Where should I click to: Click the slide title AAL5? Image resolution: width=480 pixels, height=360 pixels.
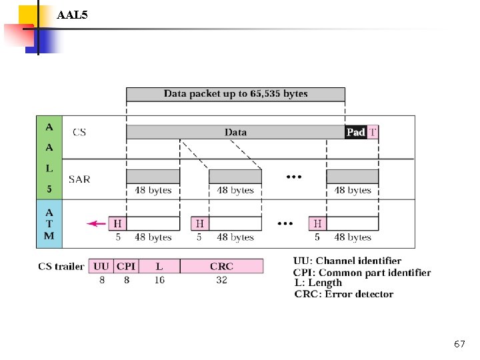[72, 13]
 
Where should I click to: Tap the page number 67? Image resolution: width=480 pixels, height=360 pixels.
[459, 344]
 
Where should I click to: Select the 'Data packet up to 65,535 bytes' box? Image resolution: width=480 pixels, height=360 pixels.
[235, 94]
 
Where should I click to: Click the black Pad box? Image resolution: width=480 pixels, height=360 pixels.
[355, 132]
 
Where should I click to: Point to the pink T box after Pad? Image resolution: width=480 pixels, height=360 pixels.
[373, 132]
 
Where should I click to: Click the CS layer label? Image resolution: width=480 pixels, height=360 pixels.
[79, 132]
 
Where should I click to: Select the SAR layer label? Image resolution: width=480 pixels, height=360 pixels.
[79, 179]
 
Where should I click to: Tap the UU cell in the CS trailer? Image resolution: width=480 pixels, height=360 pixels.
[102, 266]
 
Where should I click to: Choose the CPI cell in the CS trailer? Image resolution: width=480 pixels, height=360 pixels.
[126, 266]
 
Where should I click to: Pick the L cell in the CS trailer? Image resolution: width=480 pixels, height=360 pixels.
[159, 266]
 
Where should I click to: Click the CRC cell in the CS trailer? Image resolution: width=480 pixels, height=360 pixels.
[221, 266]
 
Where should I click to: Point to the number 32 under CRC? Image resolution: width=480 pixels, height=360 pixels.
[221, 280]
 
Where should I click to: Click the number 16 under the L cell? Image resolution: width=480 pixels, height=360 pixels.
[159, 280]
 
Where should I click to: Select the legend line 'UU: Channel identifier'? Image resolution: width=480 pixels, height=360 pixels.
[347, 261]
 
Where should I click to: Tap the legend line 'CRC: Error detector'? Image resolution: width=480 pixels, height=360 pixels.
[343, 294]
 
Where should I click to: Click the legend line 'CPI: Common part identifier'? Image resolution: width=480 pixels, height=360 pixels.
[361, 272]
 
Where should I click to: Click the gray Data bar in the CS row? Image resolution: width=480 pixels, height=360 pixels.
[235, 132]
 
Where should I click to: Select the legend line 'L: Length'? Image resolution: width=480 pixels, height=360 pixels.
[318, 283]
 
